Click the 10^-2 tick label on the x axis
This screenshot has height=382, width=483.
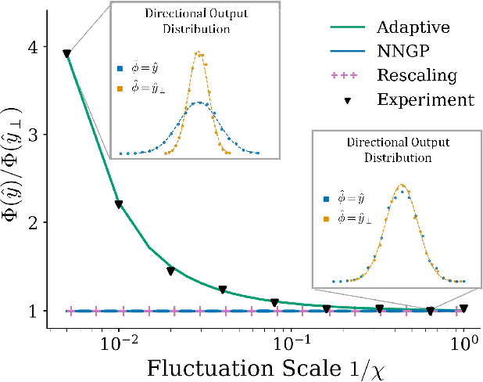point(119,342)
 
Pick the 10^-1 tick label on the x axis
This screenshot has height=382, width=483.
point(292,342)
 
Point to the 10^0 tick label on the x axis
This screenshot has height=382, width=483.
point(463,342)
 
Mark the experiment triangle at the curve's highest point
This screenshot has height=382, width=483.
point(67,54)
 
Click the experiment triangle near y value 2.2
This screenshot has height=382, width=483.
point(119,204)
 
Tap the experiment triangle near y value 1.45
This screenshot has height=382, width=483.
point(170,271)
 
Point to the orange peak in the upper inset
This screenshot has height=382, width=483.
point(201,54)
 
